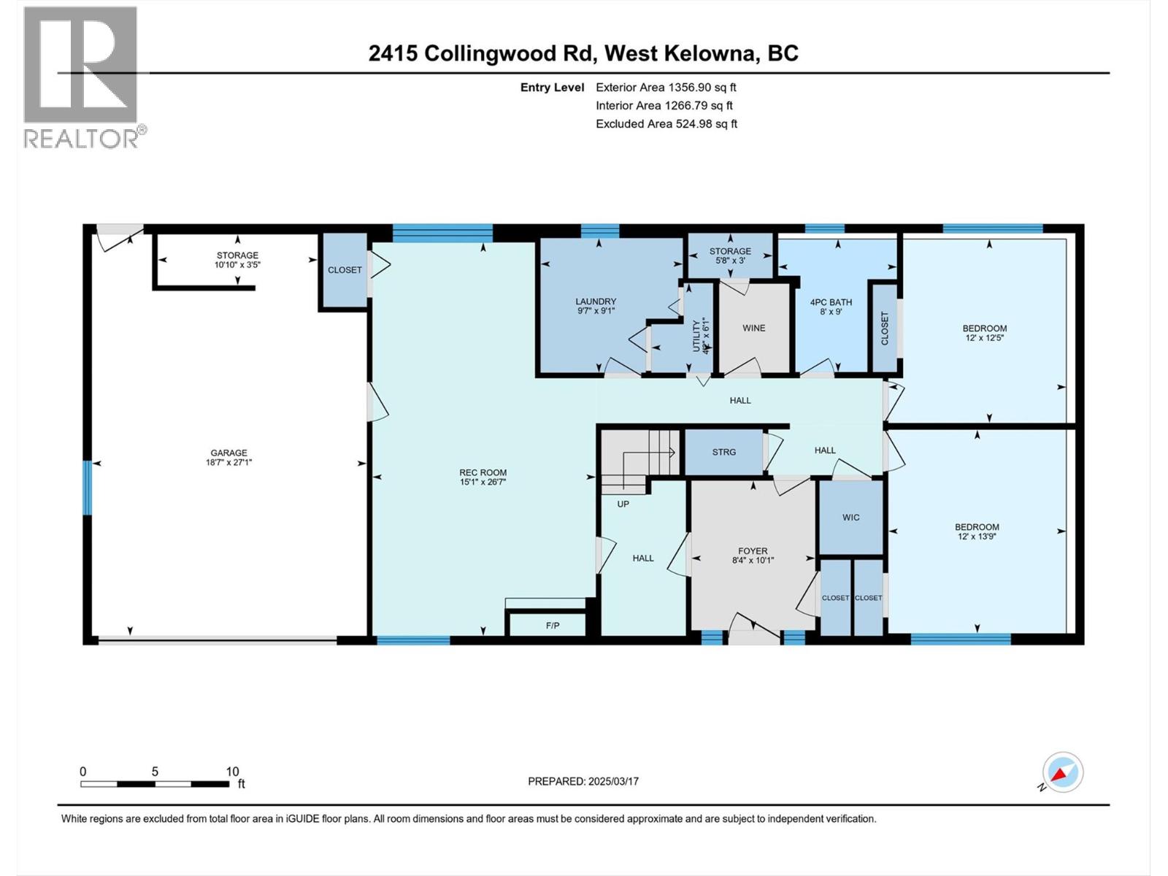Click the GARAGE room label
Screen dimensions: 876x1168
tap(228, 453)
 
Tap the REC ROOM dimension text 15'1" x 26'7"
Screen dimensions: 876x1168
tap(483, 482)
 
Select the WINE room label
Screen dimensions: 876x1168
tap(753, 328)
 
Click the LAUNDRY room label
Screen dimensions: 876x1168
tap(596, 301)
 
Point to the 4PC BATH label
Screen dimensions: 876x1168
tap(831, 302)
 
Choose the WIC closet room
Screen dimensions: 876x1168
tap(850, 517)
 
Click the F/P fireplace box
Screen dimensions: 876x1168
tap(552, 626)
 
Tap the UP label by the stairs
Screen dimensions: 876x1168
tap(623, 504)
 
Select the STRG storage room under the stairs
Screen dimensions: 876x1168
tap(723, 452)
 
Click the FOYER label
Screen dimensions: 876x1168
tap(753, 551)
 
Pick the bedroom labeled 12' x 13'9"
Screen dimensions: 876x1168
tap(977, 531)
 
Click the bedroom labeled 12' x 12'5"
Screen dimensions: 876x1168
tap(984, 333)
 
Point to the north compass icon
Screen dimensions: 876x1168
tap(1062, 772)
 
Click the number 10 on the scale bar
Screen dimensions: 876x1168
tap(232, 772)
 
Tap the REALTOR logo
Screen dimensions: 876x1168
tap(82, 77)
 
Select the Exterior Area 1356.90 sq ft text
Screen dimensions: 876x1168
tap(666, 87)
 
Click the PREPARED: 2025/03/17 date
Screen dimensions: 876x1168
tap(583, 781)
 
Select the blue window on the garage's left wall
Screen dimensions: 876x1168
tap(87, 487)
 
